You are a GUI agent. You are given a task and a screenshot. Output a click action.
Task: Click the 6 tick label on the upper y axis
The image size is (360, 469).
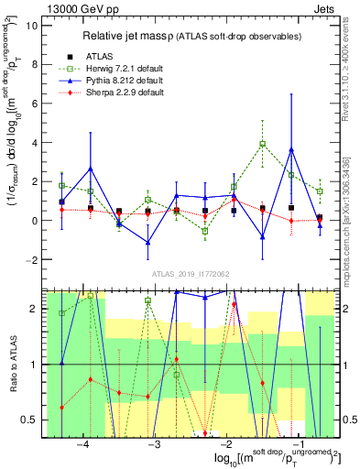(34, 104)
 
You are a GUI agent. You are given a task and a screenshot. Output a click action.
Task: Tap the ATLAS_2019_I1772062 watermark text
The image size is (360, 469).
(191, 275)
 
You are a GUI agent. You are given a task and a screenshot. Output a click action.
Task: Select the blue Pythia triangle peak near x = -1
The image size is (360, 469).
(291, 149)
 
